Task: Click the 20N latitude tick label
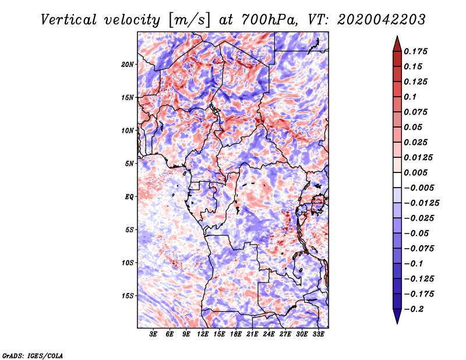click(128, 65)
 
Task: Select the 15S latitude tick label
click(128, 296)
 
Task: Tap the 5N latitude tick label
click(129, 164)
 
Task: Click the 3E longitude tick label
click(154, 335)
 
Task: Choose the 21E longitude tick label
click(252, 335)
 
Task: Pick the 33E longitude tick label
click(318, 335)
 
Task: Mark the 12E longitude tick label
click(203, 335)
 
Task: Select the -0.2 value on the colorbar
click(416, 309)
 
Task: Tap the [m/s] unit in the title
click(189, 19)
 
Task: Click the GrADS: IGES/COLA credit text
click(32, 355)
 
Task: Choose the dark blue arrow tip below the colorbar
click(397, 318)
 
